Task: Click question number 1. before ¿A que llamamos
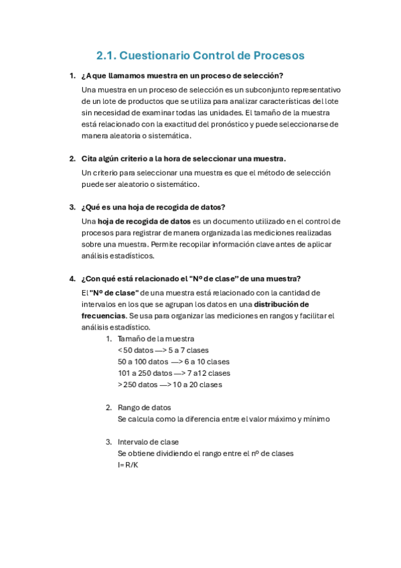72,76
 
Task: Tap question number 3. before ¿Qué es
72,207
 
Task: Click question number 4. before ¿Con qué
72,279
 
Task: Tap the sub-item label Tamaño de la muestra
156,338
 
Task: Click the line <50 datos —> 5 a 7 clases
163,350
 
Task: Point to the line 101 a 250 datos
173,373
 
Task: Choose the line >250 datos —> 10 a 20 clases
169,384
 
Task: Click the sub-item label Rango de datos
144,407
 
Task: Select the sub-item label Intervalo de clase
148,441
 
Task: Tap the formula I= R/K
128,465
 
